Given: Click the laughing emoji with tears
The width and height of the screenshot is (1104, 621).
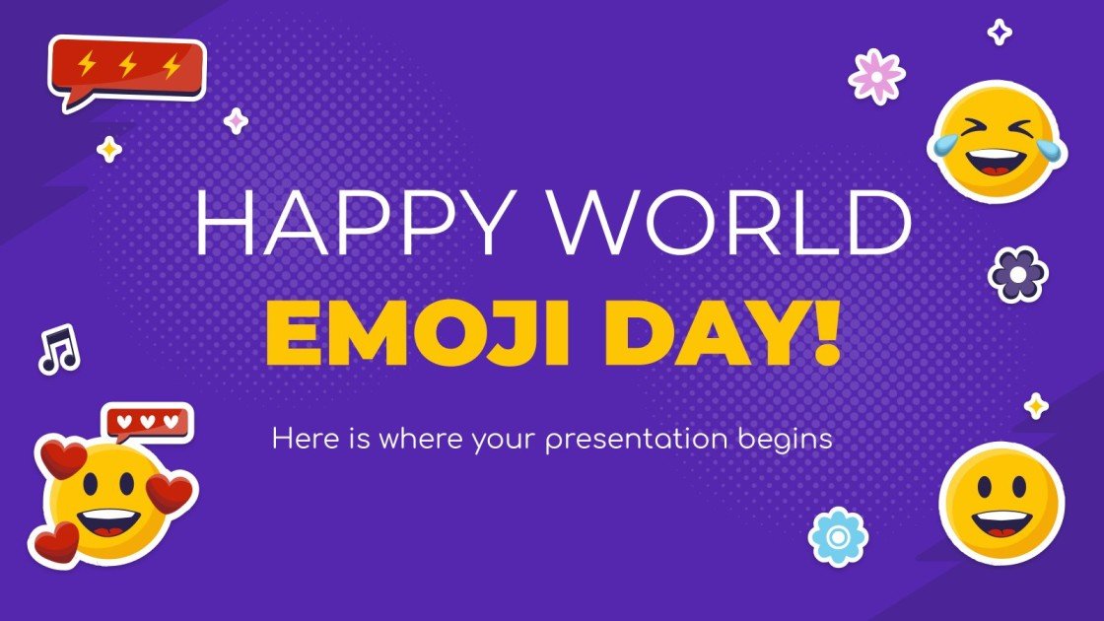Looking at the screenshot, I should click(x=997, y=139).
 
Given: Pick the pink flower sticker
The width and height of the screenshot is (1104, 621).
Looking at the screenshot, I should click(x=876, y=76).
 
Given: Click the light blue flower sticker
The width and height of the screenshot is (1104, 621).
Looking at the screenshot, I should click(x=838, y=536).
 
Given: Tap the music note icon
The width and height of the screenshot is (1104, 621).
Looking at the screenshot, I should click(x=58, y=349).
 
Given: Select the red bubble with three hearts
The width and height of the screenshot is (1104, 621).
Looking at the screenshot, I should click(x=149, y=422).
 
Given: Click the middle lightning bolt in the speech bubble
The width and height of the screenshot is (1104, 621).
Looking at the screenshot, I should click(x=127, y=65).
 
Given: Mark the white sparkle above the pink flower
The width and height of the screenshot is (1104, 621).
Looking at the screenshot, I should click(x=1000, y=32).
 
